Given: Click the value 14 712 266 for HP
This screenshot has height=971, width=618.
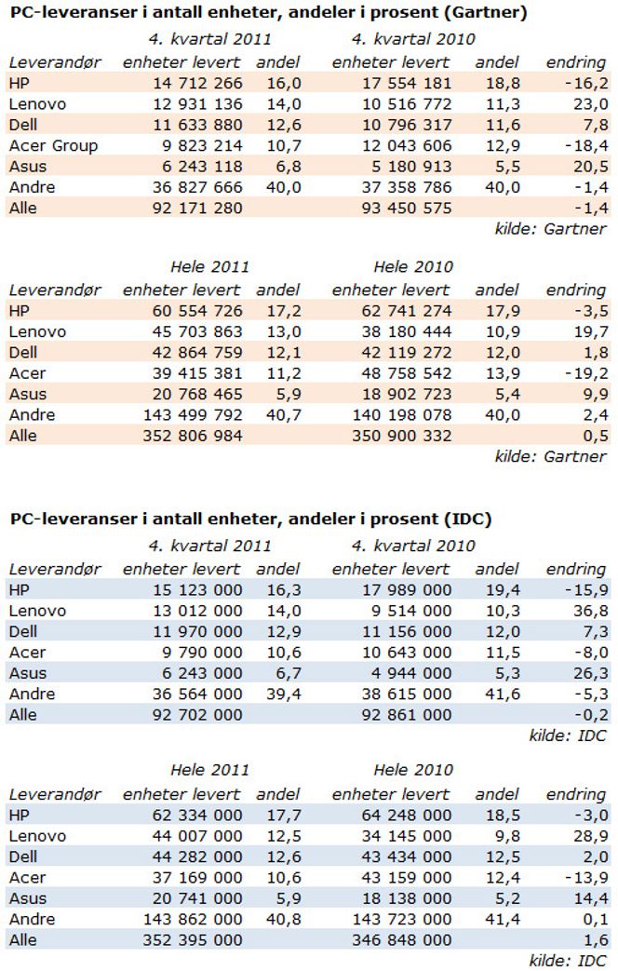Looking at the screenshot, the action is [x=197, y=83].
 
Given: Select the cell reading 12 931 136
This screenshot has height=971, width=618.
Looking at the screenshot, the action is [x=197, y=104].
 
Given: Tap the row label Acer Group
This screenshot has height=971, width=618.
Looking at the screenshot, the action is [x=53, y=145].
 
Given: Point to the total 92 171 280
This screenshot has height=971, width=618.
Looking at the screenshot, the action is [x=197, y=209].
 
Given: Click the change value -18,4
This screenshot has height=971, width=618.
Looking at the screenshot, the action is [x=586, y=145].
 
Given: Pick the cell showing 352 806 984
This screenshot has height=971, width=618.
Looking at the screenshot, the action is [x=193, y=436].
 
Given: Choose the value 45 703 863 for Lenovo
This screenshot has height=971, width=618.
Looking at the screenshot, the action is [x=197, y=332].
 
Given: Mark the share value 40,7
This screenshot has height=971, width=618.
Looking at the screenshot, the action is [x=284, y=415].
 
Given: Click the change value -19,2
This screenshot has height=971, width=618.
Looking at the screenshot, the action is [x=586, y=373].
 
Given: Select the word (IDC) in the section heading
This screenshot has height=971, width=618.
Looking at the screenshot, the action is [x=468, y=519].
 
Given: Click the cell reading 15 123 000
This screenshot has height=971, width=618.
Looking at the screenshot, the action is [x=197, y=590].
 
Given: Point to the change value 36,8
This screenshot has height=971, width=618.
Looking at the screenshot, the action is [x=591, y=612].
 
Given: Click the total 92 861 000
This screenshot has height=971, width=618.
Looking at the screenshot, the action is [x=407, y=715].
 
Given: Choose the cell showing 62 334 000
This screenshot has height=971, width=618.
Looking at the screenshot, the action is [x=197, y=816].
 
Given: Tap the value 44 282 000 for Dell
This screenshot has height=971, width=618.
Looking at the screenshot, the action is [x=197, y=857].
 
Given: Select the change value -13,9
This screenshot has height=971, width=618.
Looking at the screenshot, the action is [x=586, y=878].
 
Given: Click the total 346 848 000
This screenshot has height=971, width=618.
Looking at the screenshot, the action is [x=402, y=940].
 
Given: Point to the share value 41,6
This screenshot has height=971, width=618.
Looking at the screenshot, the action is [x=503, y=695].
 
